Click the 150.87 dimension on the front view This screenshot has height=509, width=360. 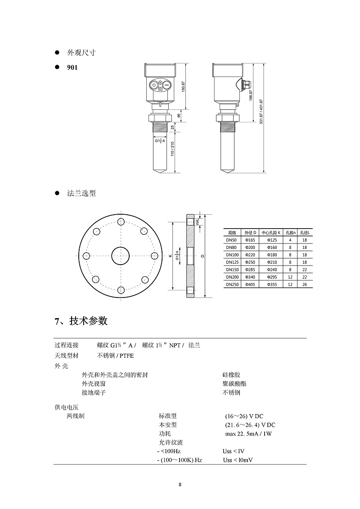(183, 87)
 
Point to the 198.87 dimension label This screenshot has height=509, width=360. (251, 95)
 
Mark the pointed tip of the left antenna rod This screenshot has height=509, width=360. (161, 172)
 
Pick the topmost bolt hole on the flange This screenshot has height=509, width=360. (120, 221)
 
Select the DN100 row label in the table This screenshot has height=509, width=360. (232, 255)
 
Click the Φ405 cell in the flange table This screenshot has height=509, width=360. (250, 284)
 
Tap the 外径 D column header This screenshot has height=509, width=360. (250, 233)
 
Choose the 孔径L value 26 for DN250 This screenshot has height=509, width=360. (305, 284)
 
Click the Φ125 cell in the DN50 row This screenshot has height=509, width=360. (272, 240)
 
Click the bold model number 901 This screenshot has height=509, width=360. (72, 68)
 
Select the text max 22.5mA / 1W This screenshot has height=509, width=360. (248, 434)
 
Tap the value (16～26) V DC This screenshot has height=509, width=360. (249, 416)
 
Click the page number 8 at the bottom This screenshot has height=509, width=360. (180, 485)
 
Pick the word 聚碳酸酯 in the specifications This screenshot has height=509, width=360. (234, 384)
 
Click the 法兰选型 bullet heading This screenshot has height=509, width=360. (81, 194)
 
